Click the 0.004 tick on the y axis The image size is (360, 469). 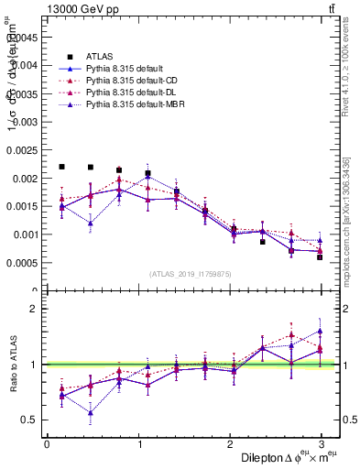click(x=26, y=65)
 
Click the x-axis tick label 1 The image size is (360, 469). click(x=139, y=444)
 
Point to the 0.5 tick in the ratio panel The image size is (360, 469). click(x=29, y=420)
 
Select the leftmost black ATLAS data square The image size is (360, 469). click(x=61, y=167)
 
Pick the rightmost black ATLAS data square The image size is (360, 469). click(x=320, y=257)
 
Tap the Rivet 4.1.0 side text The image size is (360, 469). click(x=353, y=82)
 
